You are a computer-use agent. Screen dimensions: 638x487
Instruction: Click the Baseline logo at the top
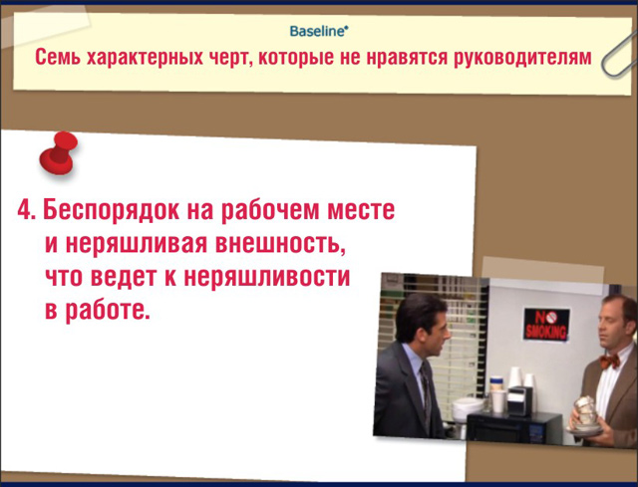tap(319, 31)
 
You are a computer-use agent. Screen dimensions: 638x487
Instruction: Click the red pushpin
tap(59, 153)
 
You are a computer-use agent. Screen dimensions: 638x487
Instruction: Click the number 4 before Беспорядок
tap(25, 210)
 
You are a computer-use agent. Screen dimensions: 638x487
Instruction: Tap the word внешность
tap(280, 244)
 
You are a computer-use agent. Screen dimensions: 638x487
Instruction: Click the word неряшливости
tap(267, 277)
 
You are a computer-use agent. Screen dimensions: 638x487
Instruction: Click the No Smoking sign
tap(545, 324)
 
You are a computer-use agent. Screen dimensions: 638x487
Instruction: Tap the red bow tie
tap(609, 361)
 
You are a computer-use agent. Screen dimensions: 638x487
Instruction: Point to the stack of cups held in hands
tap(586, 412)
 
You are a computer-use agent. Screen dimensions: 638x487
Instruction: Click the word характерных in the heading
tap(145, 58)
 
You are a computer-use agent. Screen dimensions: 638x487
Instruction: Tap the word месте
tap(361, 210)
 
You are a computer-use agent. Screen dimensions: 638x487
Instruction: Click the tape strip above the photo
tap(542, 272)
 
